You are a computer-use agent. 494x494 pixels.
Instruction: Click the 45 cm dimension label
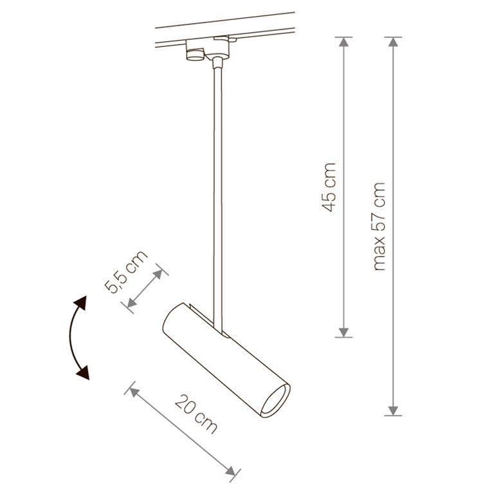tap(328, 187)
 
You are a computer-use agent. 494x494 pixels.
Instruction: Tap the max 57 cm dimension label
tap(379, 226)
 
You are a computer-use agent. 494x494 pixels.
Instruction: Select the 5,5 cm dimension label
tap(125, 272)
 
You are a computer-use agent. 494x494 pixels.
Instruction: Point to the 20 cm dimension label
tap(196, 414)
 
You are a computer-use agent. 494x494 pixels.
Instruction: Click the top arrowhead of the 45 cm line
tap(343, 42)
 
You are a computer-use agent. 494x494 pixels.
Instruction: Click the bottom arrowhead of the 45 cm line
tap(343, 333)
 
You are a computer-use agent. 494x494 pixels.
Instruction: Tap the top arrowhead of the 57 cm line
tap(393, 42)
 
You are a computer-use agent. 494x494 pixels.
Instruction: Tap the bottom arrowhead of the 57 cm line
tap(393, 411)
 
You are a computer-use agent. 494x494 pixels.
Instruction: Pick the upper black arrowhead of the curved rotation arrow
tap(80, 302)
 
